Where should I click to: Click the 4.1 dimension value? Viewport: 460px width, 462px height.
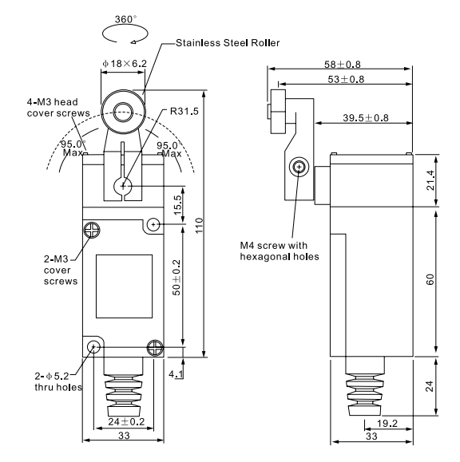(x=176, y=371)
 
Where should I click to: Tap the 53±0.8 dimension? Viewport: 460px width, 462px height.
(x=342, y=79)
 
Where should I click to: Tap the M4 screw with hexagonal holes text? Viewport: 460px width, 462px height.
(x=279, y=251)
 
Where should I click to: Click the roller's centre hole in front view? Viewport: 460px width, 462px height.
(x=124, y=110)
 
